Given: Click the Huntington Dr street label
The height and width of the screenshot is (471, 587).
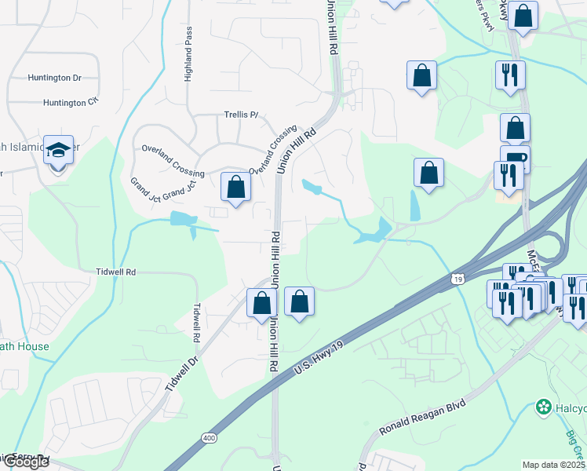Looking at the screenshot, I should point(54,78).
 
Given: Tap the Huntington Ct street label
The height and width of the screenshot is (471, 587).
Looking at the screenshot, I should point(71,102).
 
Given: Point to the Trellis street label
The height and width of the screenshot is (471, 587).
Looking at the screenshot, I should point(241,115).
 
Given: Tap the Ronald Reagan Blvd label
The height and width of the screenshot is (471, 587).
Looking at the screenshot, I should point(422,417).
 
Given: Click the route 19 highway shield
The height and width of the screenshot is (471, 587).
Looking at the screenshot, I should point(458,279).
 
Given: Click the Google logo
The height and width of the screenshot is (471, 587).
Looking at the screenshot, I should point(25,462).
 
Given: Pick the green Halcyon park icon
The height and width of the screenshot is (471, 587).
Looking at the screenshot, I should point(541,407).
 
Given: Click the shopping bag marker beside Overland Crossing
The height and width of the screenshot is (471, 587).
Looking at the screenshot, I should point(235,187).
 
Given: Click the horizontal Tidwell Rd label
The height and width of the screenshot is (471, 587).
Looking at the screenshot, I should point(116,272).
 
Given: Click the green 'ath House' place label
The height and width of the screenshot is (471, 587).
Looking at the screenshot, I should point(24,346).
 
